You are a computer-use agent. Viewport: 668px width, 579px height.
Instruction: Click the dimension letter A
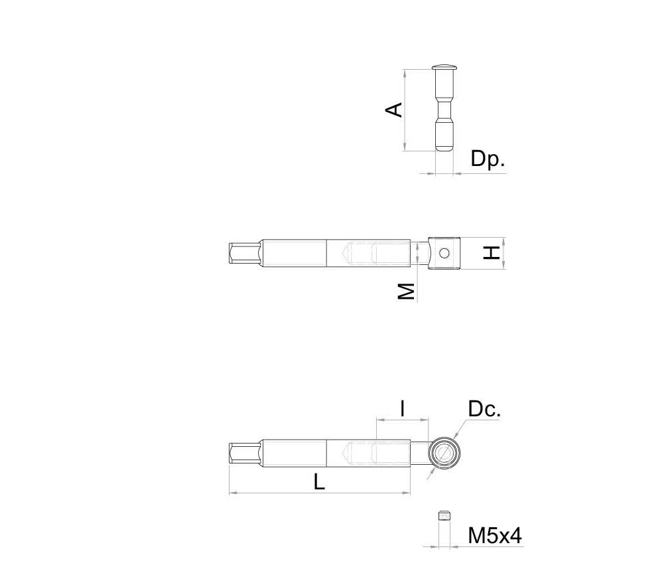[x=394, y=110]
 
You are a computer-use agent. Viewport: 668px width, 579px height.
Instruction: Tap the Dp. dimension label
[x=488, y=159]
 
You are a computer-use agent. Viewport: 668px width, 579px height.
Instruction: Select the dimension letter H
[x=492, y=253]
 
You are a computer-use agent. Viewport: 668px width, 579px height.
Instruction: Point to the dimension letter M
[x=407, y=291]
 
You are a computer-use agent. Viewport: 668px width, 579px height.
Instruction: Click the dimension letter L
[x=319, y=482]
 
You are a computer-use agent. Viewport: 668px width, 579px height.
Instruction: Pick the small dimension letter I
[x=403, y=408]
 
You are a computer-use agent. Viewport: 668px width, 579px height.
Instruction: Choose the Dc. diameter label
[x=484, y=409]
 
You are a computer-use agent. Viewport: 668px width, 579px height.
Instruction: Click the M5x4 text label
[x=495, y=536]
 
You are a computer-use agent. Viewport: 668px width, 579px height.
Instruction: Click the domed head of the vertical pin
[x=444, y=67]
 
